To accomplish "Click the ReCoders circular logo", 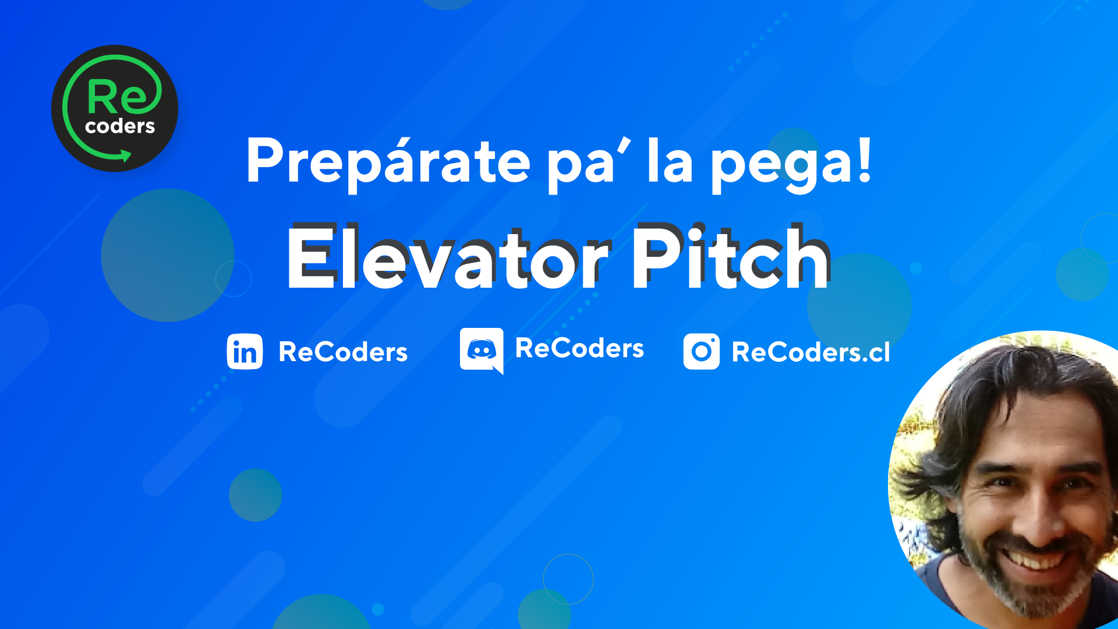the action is pyautogui.click(x=115, y=108).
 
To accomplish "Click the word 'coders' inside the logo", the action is pyautogui.click(x=120, y=126).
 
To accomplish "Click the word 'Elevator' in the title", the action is pyautogui.click(x=448, y=257).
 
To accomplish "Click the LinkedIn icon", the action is pyautogui.click(x=245, y=352).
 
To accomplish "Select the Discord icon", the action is pyautogui.click(x=482, y=350).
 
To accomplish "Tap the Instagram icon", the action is pyautogui.click(x=702, y=351).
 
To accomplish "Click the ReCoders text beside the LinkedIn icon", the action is pyautogui.click(x=343, y=352).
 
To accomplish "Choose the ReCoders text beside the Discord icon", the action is pyautogui.click(x=580, y=348).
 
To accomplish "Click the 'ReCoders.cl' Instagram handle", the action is pyautogui.click(x=811, y=352).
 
